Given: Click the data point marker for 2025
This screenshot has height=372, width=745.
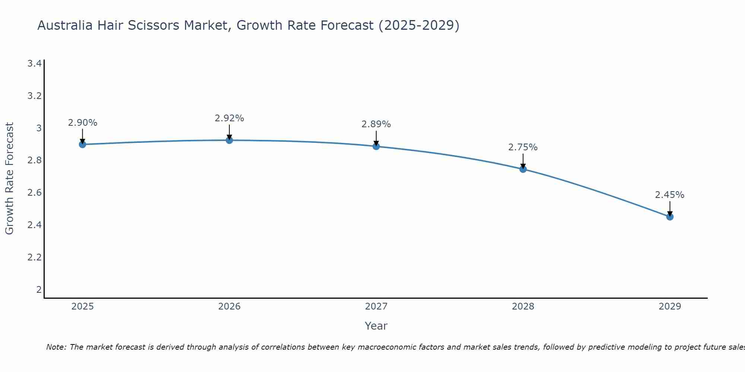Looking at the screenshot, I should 83,144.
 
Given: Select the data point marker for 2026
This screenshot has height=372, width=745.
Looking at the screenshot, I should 229,140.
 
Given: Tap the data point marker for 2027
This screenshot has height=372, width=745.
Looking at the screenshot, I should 376,146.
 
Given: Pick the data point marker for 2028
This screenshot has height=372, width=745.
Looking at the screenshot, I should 523,169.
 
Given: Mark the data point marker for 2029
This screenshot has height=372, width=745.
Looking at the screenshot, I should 670,217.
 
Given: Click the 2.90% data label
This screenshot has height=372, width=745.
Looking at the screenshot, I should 83,123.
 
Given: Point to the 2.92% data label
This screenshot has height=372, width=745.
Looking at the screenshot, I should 229,118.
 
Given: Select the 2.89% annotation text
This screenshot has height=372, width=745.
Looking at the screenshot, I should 376,124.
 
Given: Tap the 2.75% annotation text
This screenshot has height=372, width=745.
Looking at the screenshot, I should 523,147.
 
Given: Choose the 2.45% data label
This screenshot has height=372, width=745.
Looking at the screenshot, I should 670,195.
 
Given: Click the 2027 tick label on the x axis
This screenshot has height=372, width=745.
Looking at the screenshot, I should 376,307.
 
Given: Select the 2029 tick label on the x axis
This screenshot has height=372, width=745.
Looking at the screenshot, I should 670,307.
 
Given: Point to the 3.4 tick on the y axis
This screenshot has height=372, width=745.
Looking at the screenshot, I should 35,64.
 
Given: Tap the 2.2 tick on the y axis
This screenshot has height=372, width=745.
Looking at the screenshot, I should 35,257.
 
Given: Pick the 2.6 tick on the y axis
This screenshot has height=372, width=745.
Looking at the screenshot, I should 35,193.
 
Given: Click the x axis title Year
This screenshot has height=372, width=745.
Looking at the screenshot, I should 376,326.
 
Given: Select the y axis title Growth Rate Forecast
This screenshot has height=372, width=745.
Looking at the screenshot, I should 10,179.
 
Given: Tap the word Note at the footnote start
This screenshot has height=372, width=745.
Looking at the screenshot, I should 56,347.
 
